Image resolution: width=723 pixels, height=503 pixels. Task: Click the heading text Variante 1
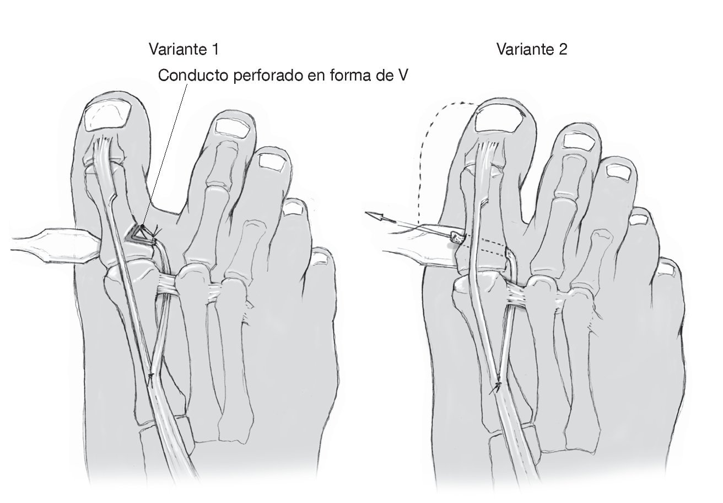coord(184,49)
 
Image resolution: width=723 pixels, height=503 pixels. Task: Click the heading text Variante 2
coord(531,49)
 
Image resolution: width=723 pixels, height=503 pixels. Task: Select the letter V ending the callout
coord(402,76)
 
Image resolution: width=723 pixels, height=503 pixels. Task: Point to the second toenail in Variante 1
coord(233,127)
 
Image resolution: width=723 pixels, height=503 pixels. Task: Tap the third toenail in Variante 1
coord(272,161)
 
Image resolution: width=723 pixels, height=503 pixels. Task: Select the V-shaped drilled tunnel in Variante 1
coord(142,234)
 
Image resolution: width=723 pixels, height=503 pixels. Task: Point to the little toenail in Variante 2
coord(668,269)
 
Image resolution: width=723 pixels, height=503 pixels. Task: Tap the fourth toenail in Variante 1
coord(296,208)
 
